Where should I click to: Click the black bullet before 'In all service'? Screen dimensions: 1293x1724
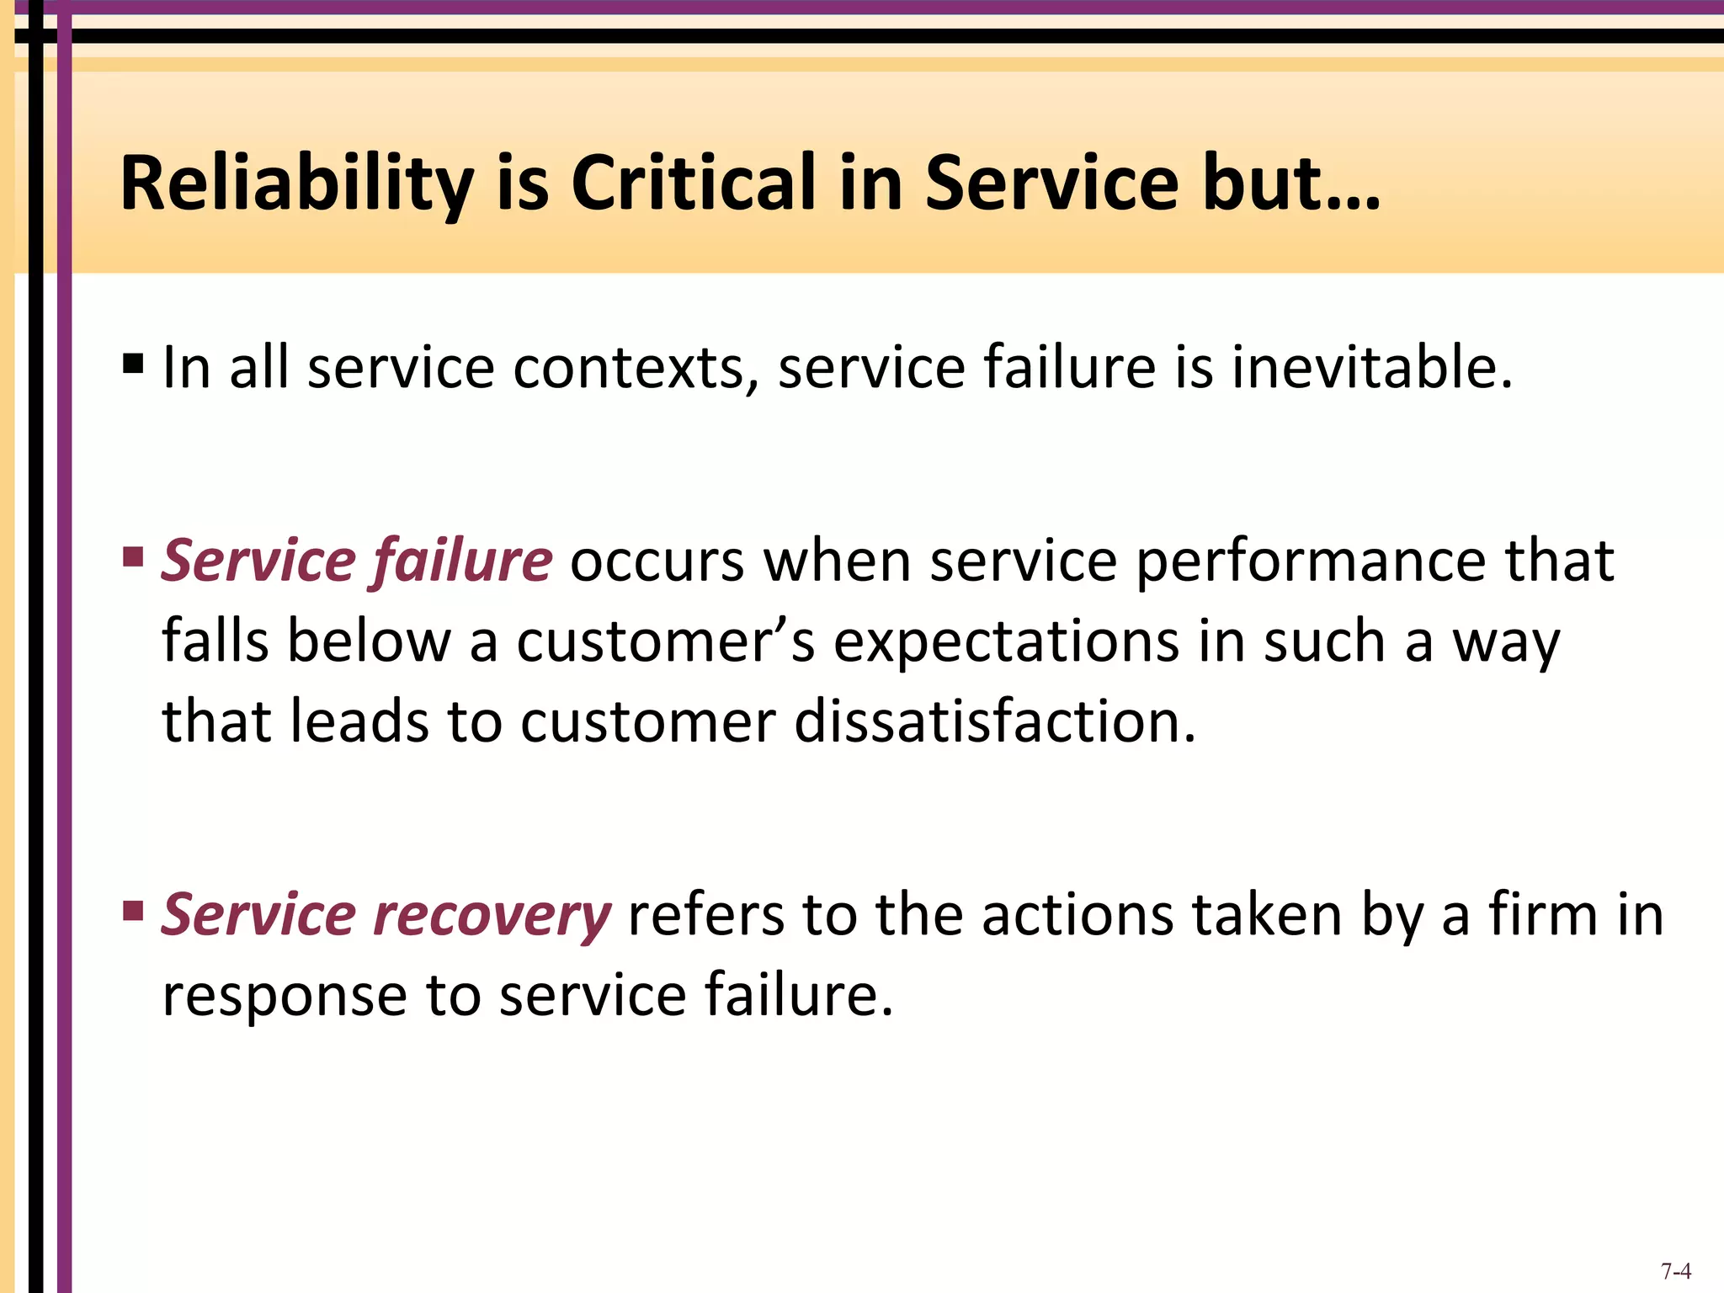[133, 364]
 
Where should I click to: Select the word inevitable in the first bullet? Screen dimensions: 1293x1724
[1372, 368]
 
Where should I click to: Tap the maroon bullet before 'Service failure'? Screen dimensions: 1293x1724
[133, 556]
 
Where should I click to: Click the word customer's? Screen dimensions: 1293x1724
[666, 642]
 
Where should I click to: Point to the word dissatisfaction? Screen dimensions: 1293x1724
[993, 722]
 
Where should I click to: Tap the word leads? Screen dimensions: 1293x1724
[359, 722]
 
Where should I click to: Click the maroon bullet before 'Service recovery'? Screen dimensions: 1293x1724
[133, 910]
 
